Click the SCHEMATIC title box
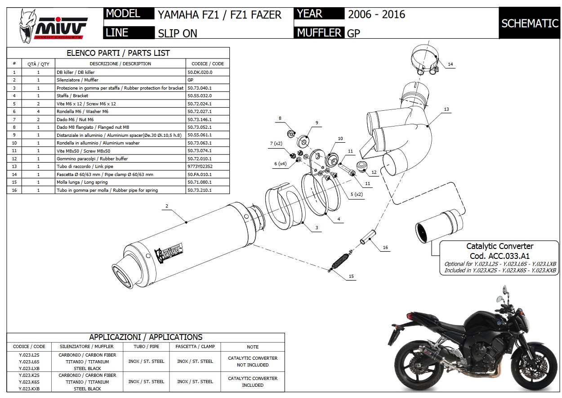point(530,23)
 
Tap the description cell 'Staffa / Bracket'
point(72,96)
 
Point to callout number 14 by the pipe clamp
point(450,64)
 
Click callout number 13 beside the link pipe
point(446,109)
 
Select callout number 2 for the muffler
point(166,206)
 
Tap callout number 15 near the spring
point(351,277)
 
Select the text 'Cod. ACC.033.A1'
point(500,256)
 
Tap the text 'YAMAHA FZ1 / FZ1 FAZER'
point(219,15)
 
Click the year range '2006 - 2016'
point(376,14)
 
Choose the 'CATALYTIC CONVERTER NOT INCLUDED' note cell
point(253,362)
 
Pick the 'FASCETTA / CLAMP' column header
point(195,346)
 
